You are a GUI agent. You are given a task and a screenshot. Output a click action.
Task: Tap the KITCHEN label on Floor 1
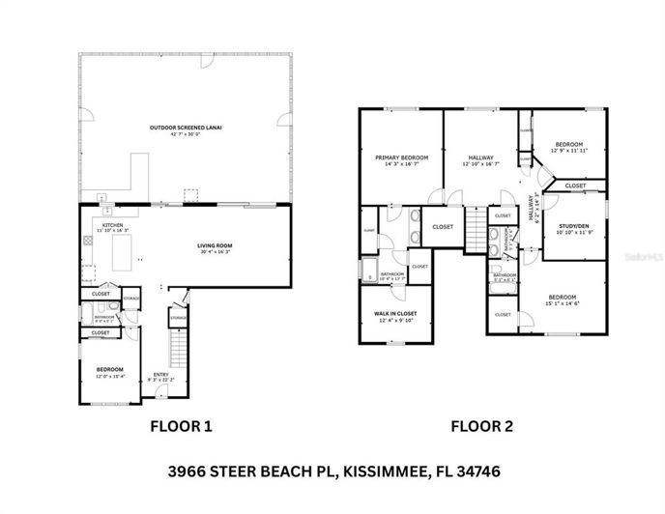[x=112, y=225]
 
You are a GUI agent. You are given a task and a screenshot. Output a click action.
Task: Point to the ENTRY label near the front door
[x=161, y=376]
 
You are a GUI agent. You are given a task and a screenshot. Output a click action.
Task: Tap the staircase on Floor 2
[x=476, y=230]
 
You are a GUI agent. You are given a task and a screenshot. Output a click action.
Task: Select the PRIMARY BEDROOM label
[x=401, y=157]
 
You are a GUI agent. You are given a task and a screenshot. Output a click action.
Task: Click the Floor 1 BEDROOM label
[x=108, y=369]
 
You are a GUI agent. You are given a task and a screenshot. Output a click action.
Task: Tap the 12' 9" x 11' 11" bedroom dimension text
[x=569, y=151]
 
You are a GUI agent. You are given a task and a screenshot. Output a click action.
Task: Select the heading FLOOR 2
[x=483, y=425]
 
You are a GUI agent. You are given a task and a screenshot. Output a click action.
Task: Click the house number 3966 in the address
[x=181, y=472]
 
